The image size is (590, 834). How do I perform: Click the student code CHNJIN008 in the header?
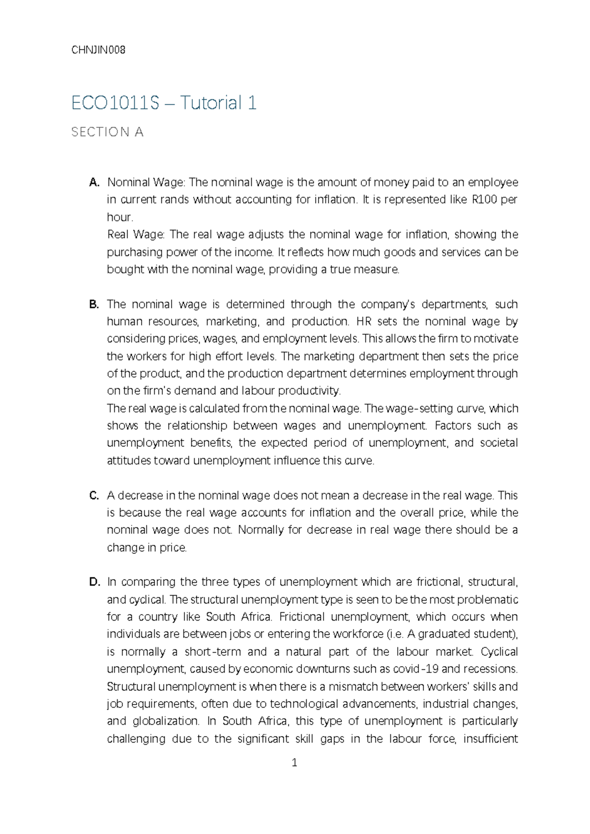click(x=98, y=50)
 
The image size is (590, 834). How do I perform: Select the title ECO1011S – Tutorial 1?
click(x=164, y=103)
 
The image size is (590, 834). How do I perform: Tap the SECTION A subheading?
click(x=107, y=132)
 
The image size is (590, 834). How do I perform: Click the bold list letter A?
click(x=94, y=182)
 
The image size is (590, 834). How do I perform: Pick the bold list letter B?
click(x=94, y=304)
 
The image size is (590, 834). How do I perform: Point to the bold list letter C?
click(x=94, y=495)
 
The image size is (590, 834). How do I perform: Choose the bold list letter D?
click(x=94, y=582)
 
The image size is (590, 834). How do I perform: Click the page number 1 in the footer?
click(x=295, y=763)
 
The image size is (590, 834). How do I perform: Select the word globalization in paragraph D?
click(x=166, y=721)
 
